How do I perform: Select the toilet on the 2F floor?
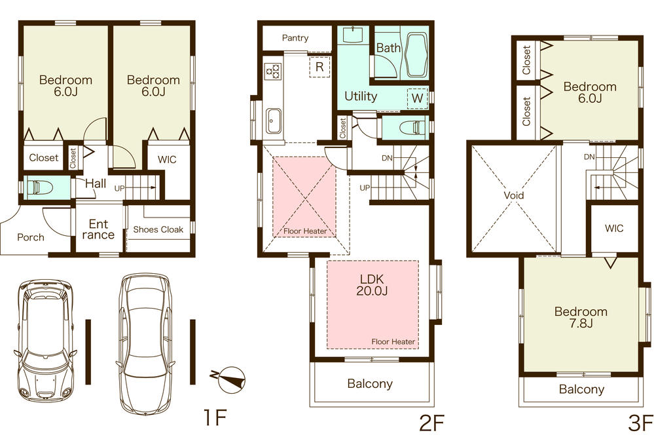tap(408, 127)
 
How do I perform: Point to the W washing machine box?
tap(416, 98)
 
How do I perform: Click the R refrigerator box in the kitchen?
tap(319, 67)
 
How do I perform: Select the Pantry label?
tap(295, 38)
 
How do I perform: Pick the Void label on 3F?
tap(514, 195)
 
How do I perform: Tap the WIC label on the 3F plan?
tap(614, 229)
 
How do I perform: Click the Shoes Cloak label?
tap(158, 229)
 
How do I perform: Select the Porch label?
tap(31, 237)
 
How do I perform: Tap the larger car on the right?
tap(146, 334)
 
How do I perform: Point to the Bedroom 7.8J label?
tap(581, 318)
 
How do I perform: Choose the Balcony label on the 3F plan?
tap(581, 389)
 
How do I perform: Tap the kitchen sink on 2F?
tap(273, 120)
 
